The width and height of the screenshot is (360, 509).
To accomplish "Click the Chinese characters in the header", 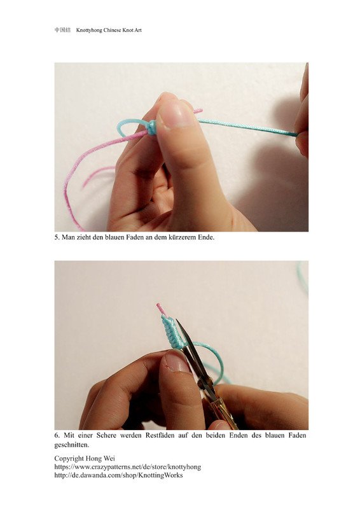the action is click(x=62, y=30).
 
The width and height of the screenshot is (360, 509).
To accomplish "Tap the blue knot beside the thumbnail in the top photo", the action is click(x=151, y=127).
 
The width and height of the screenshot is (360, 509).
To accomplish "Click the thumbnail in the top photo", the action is click(x=176, y=115).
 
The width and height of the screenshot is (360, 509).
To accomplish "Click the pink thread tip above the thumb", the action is click(x=198, y=111).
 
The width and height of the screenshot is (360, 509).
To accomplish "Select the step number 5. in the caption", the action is click(x=57, y=237).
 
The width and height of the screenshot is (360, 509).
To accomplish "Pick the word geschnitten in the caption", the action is click(x=71, y=445).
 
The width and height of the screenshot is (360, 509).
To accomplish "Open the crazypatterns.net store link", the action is click(x=128, y=467).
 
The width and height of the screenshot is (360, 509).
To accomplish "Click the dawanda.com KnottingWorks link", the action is click(x=118, y=475).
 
